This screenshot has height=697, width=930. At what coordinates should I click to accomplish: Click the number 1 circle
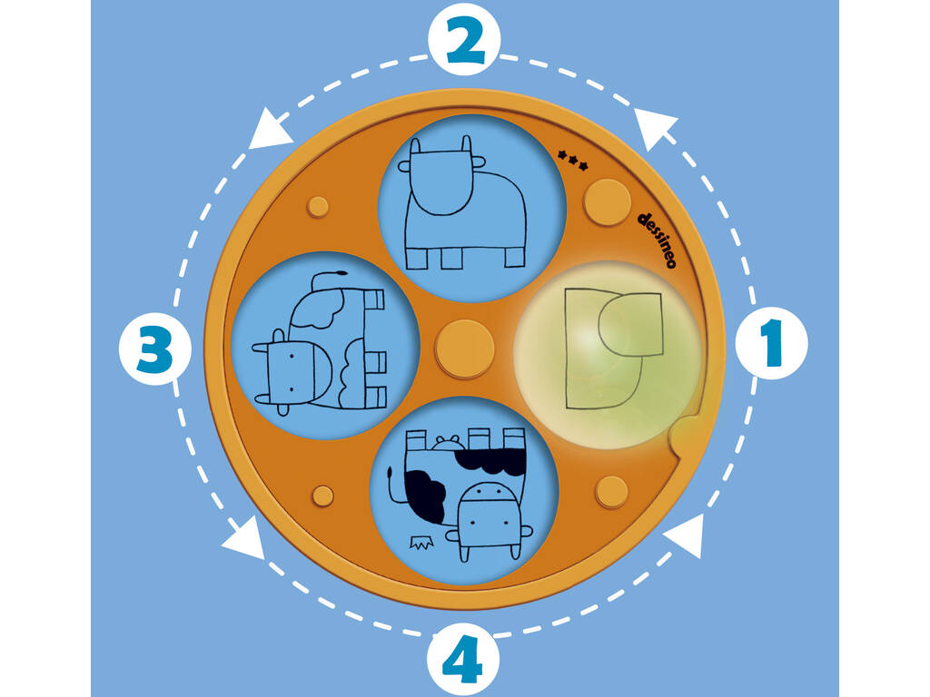[x=771, y=343]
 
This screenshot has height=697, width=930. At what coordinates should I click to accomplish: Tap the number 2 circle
[x=464, y=39]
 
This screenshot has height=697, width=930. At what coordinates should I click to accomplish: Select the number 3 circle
[x=154, y=349]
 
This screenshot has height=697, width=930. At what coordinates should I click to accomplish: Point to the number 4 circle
[x=462, y=659]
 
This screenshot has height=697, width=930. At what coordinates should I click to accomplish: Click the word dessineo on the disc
[x=657, y=240]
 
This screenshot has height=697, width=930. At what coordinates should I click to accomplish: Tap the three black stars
[x=573, y=160]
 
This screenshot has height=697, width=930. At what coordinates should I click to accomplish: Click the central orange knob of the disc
[x=464, y=348]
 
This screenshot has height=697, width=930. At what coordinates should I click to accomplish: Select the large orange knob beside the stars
[x=607, y=201]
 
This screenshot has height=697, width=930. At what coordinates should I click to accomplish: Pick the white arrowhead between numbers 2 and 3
[x=270, y=130]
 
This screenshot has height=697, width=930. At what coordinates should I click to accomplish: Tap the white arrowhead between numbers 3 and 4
[x=245, y=539]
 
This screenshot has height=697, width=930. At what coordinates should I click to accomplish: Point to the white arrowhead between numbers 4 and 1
[x=686, y=535]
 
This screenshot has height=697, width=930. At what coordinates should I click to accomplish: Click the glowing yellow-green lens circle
[x=607, y=354]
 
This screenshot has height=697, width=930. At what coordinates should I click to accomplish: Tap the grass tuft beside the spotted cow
[x=421, y=542]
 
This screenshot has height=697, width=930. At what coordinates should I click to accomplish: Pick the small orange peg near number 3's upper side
[x=318, y=207]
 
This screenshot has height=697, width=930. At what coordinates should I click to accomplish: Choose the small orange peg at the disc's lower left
[x=322, y=496]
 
